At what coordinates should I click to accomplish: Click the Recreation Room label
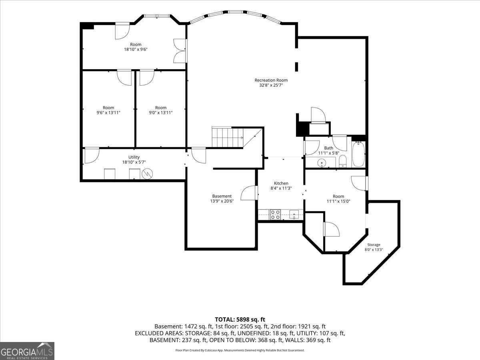coord(271,80)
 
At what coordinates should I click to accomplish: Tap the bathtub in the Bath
coord(358,154)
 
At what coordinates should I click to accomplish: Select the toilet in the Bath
coord(342,161)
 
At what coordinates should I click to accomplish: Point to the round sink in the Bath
coord(322,163)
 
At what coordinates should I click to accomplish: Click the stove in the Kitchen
coord(275,214)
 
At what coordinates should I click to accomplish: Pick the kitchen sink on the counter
coord(294,214)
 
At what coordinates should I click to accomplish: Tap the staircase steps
coord(228,137)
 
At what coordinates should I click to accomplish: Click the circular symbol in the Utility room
coord(147,174)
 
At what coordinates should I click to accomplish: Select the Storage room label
coord(374,244)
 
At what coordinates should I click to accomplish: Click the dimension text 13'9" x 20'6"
coord(222,201)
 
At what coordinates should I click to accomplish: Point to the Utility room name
coord(134,157)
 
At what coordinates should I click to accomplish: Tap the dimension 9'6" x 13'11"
coord(108,112)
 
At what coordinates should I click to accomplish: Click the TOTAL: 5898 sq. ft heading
coord(240,319)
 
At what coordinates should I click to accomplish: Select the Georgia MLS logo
coord(27,351)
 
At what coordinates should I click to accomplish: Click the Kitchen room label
coord(281,183)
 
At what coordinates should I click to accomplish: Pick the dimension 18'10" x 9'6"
coord(136,49)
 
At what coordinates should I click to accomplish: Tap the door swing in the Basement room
coord(249,193)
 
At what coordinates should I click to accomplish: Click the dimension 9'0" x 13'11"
coord(161,112)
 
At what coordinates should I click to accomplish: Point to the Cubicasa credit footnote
coord(240,350)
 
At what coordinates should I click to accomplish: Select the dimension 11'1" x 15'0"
coord(338,201)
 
